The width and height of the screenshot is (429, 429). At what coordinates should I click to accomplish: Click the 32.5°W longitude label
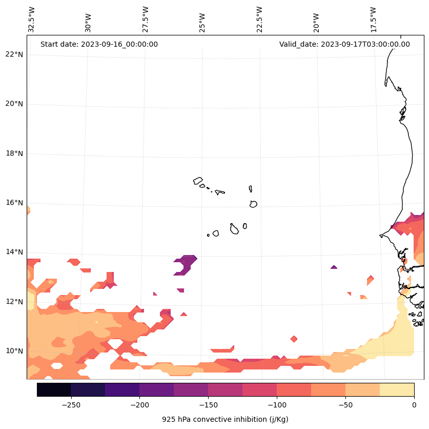(32, 19)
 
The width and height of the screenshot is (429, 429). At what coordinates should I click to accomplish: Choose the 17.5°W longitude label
(373, 19)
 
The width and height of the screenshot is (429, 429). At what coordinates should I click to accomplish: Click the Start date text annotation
(99, 44)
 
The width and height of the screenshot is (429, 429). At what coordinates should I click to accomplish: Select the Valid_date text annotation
(344, 44)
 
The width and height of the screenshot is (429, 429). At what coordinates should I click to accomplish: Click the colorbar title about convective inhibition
(225, 419)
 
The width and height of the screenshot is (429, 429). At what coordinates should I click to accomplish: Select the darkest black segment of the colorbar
(54, 389)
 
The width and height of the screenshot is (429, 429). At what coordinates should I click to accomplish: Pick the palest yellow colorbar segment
(397, 389)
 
